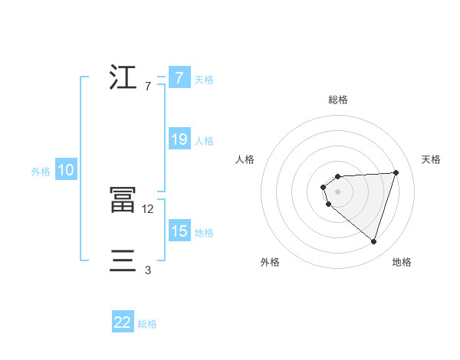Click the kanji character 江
tap(123, 78)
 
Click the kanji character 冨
tap(123, 200)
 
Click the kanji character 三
tap(123, 261)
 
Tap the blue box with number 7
tap(179, 78)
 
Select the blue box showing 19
tap(179, 139)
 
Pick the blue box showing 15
tap(179, 231)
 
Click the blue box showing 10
tap(66, 171)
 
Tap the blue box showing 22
tap(123, 322)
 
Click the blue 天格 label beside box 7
tap(204, 79)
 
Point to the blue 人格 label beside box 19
tap(204, 140)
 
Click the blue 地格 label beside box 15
tap(204, 232)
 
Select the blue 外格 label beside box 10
tap(41, 172)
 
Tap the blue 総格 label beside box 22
tap(147, 323)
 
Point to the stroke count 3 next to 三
tap(148, 270)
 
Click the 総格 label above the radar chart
tap(338, 100)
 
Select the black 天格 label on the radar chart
tap(431, 159)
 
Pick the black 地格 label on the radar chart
tap(402, 262)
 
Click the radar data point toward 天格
tap(396, 172)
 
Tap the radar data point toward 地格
tap(373, 241)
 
